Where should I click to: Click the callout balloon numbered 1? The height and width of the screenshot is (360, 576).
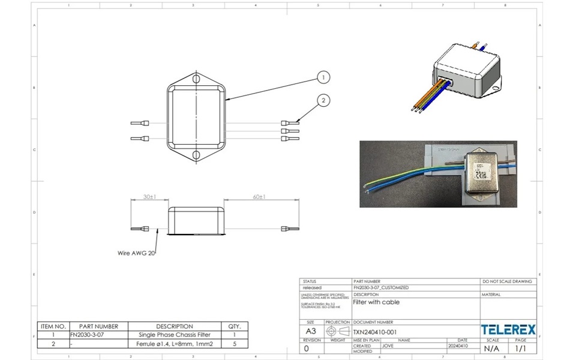tap(323, 77)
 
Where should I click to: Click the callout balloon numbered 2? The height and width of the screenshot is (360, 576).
tap(323, 100)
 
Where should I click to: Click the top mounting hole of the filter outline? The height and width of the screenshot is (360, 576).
tap(196, 79)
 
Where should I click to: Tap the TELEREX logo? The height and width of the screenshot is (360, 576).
tap(508, 329)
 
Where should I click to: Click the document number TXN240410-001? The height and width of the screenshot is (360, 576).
tap(374, 331)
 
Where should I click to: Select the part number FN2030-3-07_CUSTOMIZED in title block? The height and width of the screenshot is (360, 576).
tap(380, 287)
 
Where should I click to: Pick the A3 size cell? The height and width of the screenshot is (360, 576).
tap(311, 331)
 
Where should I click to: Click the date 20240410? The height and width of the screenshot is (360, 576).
tap(457, 346)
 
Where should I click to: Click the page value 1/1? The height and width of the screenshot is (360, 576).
tap(521, 348)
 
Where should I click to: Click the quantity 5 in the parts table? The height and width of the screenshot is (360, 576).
tap(234, 344)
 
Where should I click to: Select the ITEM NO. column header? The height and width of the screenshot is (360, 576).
tap(53, 326)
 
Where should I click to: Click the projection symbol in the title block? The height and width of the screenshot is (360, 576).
tap(338, 331)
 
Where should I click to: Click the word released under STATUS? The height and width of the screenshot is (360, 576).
tap(313, 287)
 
